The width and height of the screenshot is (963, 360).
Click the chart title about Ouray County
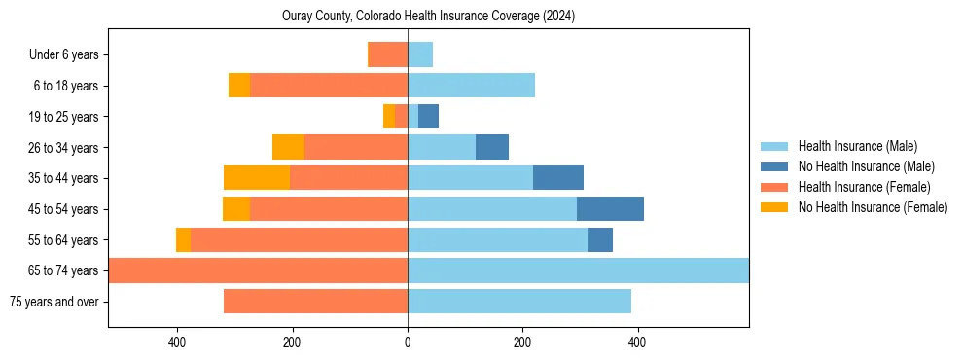tap(429, 17)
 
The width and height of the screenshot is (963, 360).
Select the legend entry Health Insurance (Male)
tap(857, 146)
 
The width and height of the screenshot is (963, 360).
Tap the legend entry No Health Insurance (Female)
tap(873, 207)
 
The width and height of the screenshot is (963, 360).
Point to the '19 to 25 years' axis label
tap(63, 117)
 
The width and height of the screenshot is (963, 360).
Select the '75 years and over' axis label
tap(53, 302)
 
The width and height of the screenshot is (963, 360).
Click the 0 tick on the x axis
tap(408, 342)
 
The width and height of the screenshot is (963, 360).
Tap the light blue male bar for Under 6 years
tap(420, 55)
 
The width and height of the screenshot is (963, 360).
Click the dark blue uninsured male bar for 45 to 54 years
tap(610, 209)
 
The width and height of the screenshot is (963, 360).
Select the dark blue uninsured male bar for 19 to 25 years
tap(428, 117)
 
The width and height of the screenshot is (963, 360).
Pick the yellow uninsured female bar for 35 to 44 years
tap(257, 178)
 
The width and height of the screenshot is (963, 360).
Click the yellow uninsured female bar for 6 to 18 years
tap(239, 86)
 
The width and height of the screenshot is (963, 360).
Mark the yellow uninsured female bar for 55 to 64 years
tap(183, 240)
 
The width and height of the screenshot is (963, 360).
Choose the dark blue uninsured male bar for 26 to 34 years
tap(492, 148)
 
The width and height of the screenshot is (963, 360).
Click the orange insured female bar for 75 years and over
tap(315, 302)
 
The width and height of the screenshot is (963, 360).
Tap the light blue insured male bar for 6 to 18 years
tap(471, 86)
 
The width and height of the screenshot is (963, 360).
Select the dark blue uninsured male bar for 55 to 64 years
tap(600, 240)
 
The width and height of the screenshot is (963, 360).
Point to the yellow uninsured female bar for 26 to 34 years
tap(288, 148)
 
